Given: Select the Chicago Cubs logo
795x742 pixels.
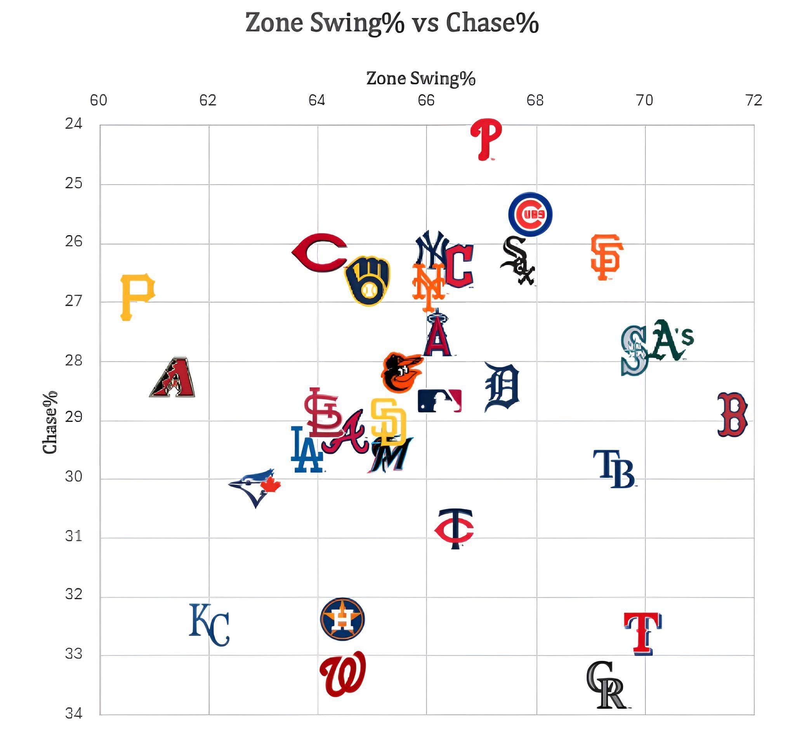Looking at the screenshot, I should pos(530,214).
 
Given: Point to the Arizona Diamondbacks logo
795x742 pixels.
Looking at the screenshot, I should pos(173,377).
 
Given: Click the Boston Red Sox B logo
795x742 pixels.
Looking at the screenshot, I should pos(732,414).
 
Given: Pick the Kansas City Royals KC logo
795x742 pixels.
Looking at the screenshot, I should pos(209,625).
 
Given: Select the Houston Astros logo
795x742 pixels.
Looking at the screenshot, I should pos(342,619).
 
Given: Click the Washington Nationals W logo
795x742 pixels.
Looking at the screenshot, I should pos(343,675).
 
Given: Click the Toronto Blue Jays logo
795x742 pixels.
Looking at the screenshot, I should pos(255,486).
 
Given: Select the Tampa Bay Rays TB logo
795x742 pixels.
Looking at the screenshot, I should pos(614,469).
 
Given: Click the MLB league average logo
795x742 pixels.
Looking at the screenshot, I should pos(439,400).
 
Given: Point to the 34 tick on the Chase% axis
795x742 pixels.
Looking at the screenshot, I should pos(74,713).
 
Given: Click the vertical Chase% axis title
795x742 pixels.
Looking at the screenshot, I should pos(50,422).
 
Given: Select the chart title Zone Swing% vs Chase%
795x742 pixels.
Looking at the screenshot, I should pos(392,23).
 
